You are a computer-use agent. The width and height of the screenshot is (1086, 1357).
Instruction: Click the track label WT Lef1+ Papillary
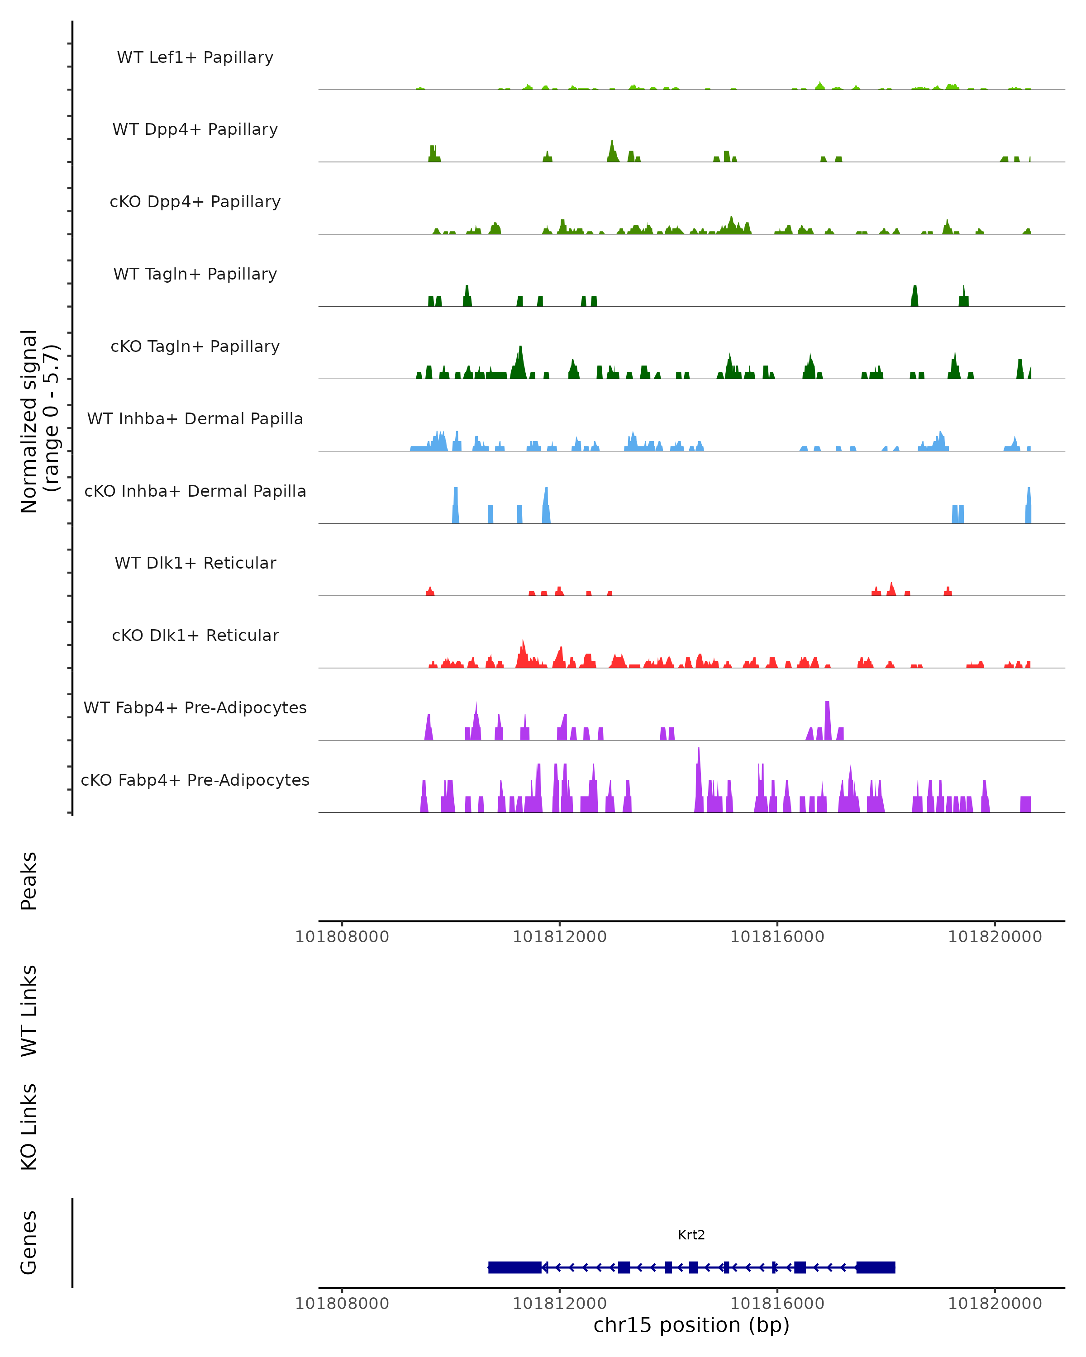click(195, 57)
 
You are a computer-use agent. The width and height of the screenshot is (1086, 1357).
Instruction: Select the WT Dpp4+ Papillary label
click(195, 130)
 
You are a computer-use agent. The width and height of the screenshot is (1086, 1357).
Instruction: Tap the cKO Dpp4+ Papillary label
click(195, 202)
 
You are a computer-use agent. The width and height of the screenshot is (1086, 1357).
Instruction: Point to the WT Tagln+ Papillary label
click(195, 275)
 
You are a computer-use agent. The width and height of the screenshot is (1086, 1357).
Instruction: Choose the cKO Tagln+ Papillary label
click(195, 347)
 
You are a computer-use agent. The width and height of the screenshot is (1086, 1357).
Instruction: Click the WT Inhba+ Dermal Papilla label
click(195, 419)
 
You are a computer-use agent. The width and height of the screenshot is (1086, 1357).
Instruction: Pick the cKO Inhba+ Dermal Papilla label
click(195, 492)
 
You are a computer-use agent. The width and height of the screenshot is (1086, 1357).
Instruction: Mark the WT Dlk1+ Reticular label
click(195, 563)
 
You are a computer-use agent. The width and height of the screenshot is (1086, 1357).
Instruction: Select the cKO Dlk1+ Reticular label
click(195, 636)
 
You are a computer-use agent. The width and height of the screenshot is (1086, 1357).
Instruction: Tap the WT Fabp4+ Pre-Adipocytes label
click(195, 708)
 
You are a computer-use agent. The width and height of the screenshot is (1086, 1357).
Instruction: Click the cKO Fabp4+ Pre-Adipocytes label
click(195, 780)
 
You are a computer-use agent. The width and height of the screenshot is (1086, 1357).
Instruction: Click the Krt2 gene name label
click(691, 1235)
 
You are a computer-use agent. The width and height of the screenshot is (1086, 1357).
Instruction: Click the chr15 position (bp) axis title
click(691, 1325)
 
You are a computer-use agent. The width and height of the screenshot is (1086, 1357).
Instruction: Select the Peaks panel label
click(29, 881)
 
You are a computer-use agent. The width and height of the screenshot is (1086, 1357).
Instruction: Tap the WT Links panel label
click(29, 1011)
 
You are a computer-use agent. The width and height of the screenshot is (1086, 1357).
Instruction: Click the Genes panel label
click(29, 1243)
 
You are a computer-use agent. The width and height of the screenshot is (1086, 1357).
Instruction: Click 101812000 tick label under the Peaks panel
click(560, 937)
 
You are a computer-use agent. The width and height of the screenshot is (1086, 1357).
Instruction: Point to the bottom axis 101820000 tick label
click(995, 1304)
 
